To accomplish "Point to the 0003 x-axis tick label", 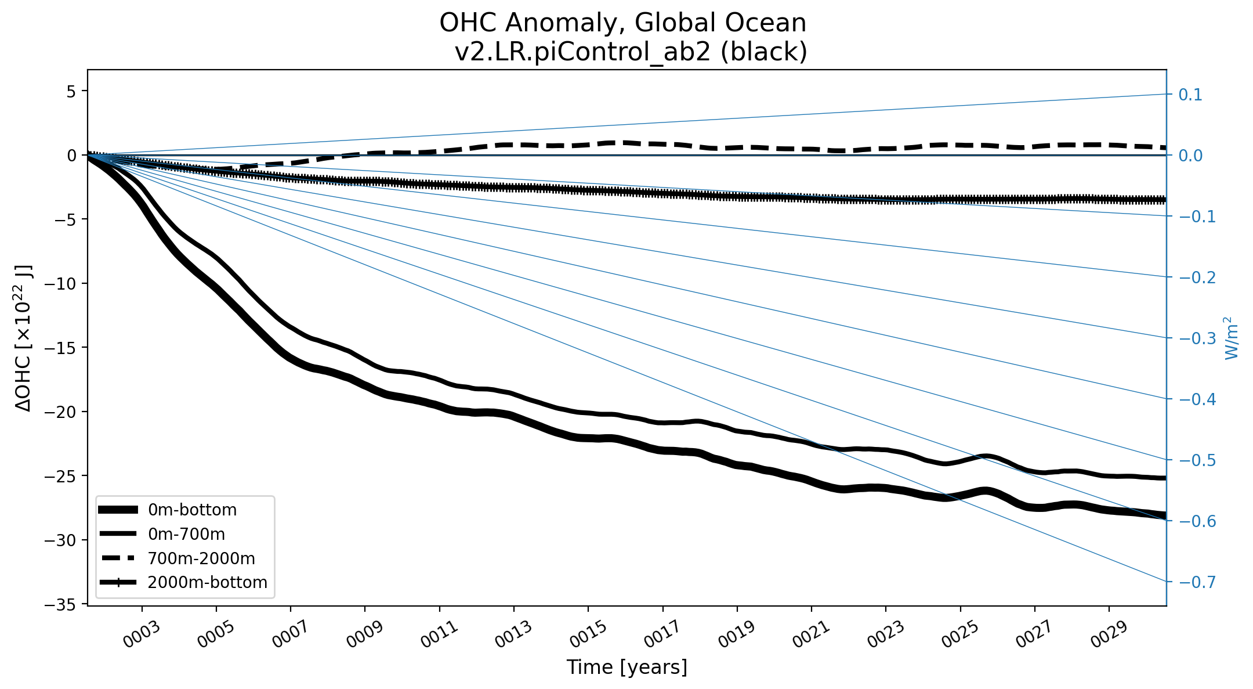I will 141,634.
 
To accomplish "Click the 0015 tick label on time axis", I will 588,634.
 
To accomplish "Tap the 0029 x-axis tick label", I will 1109,634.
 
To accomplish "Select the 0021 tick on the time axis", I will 811,634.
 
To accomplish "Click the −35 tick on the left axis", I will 63,605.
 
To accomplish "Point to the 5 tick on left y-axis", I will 71,91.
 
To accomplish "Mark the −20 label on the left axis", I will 63,412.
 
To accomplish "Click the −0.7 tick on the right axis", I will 1197,582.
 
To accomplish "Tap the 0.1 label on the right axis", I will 1190,95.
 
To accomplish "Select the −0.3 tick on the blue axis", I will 1197,338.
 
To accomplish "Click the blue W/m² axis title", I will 1232,338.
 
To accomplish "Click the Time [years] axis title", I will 626,667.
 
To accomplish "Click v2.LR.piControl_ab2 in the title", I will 582,52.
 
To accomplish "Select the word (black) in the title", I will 764,52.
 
